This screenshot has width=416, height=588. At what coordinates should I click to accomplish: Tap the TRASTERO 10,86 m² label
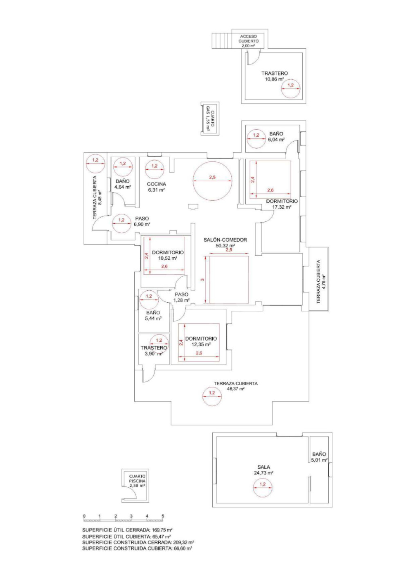click(274, 76)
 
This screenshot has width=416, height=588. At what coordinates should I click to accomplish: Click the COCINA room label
click(156, 187)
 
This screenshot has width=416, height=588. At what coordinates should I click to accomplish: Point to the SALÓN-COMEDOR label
click(225, 243)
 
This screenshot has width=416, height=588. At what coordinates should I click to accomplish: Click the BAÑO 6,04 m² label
click(276, 136)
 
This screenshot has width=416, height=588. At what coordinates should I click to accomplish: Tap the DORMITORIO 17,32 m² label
click(282, 204)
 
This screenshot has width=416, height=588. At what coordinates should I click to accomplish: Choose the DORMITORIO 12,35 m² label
click(201, 341)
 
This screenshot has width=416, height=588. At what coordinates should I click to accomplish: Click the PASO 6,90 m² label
click(142, 221)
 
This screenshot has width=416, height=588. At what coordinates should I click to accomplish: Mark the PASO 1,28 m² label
click(182, 297)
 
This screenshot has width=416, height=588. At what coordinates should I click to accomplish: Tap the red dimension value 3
click(202, 280)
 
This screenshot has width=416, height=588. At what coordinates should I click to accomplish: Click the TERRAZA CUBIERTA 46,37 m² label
click(236, 386)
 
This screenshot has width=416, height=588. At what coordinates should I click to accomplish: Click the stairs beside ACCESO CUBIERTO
click(222, 41)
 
